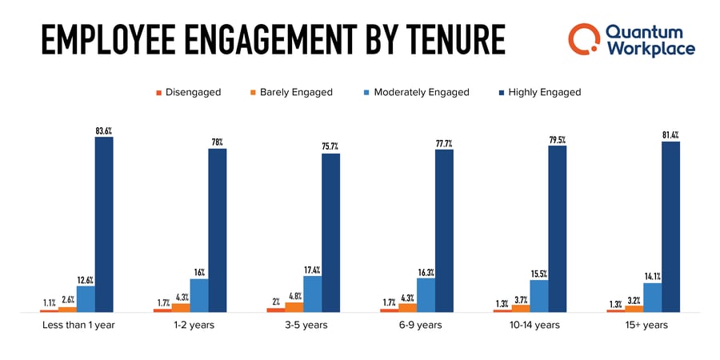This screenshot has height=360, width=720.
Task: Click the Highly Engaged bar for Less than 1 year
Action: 104,224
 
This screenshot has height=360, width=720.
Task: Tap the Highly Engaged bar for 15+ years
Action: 670,226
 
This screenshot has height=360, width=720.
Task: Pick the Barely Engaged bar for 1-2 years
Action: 182,307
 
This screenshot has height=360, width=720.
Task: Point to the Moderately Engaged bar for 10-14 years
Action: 539,295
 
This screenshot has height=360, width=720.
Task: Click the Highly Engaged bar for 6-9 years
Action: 444,230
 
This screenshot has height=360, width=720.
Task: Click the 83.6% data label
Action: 104,130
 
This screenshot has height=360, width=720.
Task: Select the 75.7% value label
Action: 330,146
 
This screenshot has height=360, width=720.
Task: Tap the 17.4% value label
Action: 312,270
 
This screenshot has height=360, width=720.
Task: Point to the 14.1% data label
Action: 653,276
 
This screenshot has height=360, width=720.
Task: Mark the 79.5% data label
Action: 558,139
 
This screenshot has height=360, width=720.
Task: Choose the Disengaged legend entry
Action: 189,92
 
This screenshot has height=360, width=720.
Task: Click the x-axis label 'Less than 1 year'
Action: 78,326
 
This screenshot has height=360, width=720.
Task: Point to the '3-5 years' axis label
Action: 303,326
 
